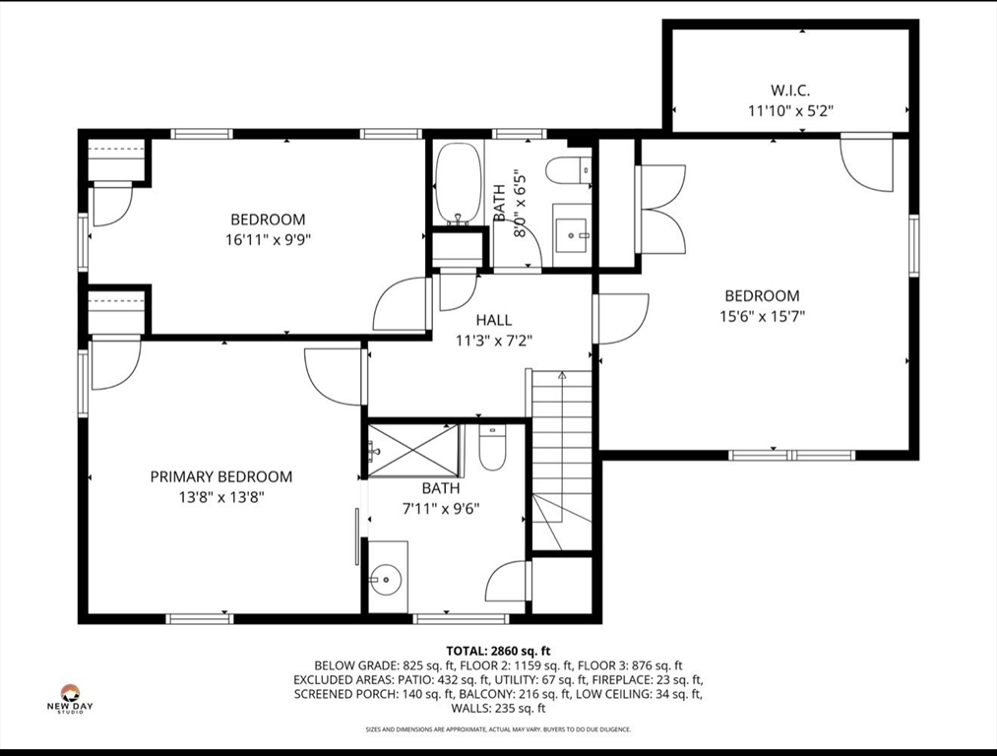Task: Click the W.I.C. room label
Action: (x=791, y=91)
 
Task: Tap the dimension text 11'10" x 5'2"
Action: (x=791, y=111)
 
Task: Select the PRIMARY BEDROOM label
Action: (x=220, y=476)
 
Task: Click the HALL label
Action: (x=493, y=320)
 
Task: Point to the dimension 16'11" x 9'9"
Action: (x=268, y=240)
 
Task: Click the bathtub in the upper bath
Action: (x=458, y=183)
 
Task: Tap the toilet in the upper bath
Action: (x=569, y=171)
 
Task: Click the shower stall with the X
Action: (x=413, y=451)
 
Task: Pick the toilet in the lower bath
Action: (x=491, y=448)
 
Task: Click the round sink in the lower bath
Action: (x=386, y=579)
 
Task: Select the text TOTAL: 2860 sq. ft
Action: (x=498, y=651)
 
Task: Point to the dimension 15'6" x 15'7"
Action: (x=762, y=316)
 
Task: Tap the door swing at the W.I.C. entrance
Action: (x=866, y=162)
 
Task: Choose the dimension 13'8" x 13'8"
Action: (x=220, y=498)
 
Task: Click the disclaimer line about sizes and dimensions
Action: (x=498, y=729)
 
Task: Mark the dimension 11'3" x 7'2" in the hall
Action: (x=493, y=342)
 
